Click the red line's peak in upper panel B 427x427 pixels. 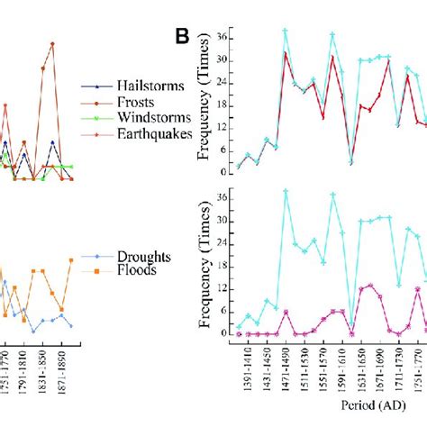286,53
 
